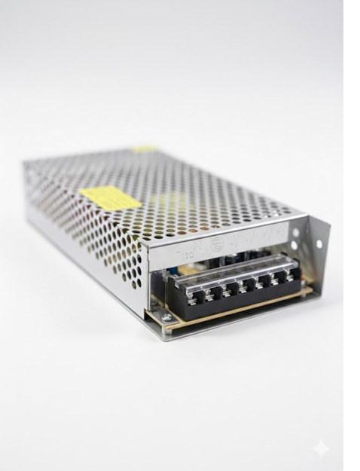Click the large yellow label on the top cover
(x=110, y=197)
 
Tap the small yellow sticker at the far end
(x=145, y=149)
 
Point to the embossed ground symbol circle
(x=217, y=243)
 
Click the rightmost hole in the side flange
(x=319, y=244)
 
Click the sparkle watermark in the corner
(x=321, y=448)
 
